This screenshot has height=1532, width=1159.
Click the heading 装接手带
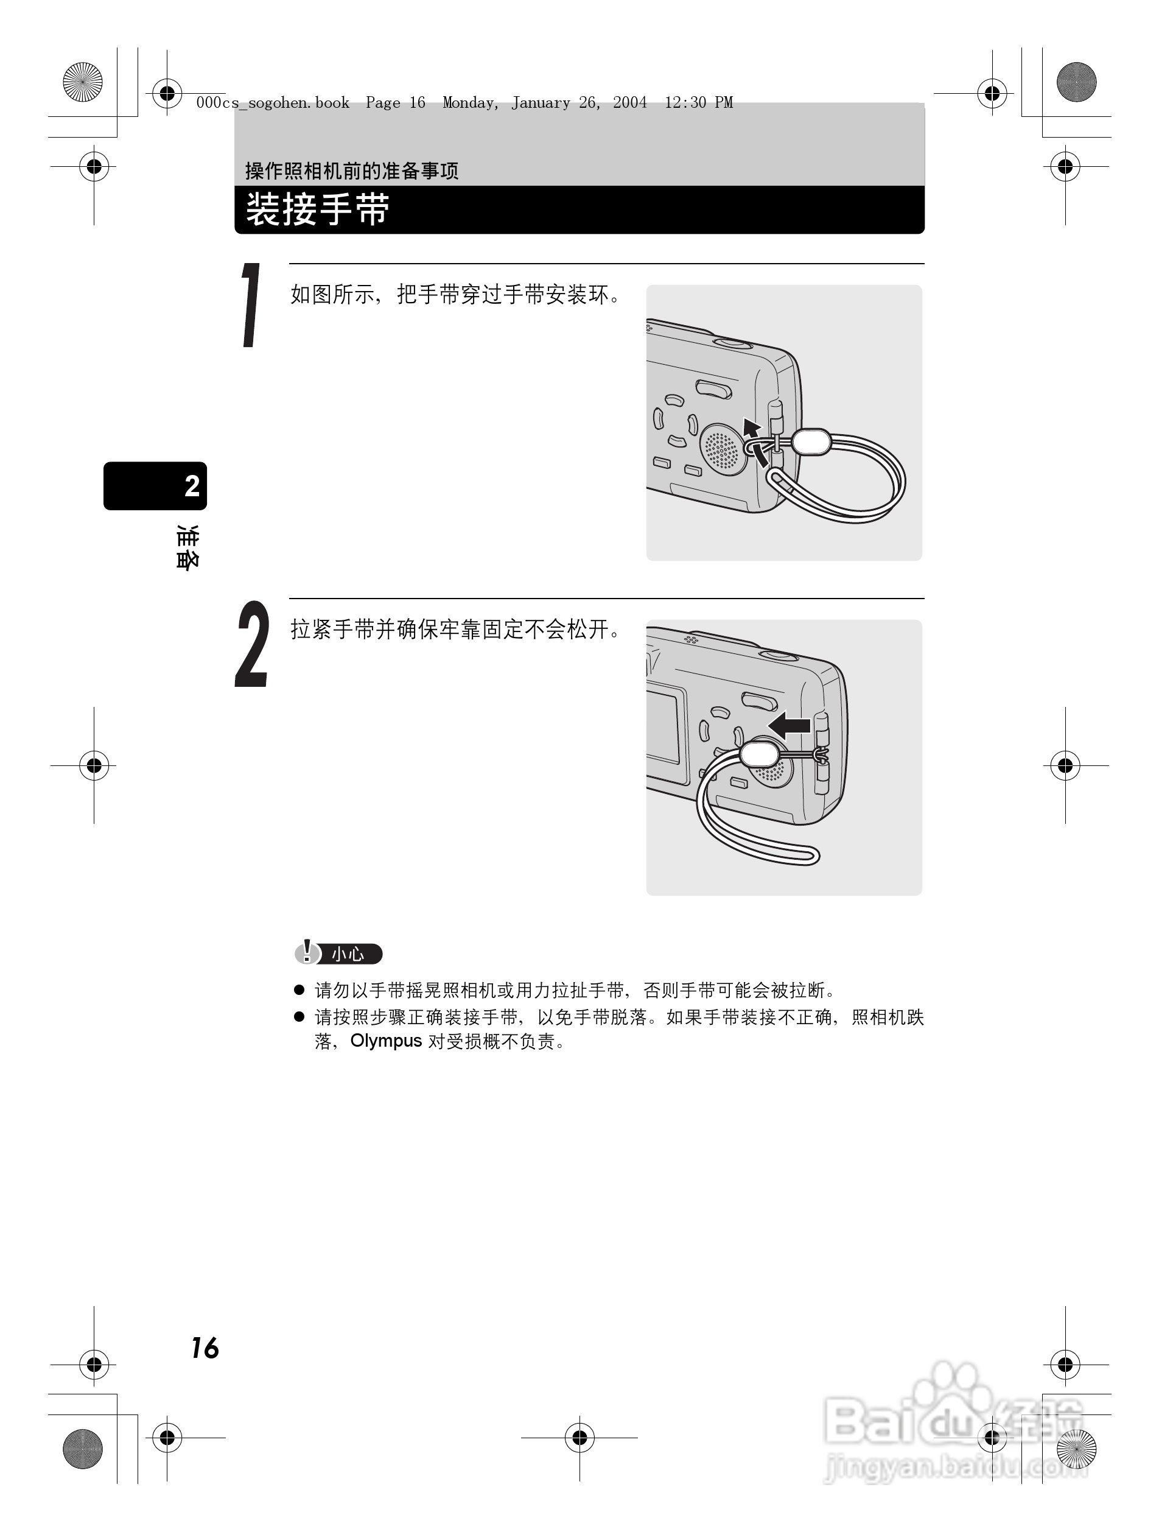tap(318, 209)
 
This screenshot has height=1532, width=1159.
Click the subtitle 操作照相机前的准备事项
tap(351, 170)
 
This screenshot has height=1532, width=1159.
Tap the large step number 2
tap(252, 644)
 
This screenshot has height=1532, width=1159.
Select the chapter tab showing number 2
tap(156, 485)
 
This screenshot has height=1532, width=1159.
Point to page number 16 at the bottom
tap(205, 1348)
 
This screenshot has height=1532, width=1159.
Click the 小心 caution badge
tap(348, 954)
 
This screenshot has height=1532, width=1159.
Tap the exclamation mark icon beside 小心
tap(307, 952)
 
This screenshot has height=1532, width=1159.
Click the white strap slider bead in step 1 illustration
tap(811, 442)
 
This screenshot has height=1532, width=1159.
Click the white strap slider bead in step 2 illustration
tap(760, 753)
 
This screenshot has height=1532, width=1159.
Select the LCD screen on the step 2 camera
tap(664, 726)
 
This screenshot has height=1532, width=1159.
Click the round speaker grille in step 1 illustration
tap(721, 450)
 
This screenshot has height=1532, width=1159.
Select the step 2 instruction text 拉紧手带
tap(333, 630)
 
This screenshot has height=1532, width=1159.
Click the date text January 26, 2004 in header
tap(579, 103)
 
